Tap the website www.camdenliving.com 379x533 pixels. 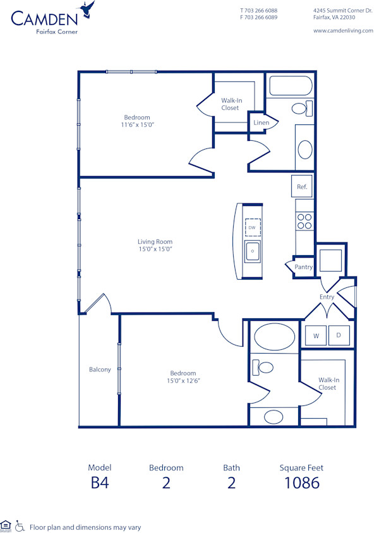point(343,30)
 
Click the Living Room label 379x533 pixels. point(155,242)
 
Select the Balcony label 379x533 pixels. point(100,369)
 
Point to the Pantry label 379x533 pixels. point(303,267)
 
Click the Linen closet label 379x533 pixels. point(262,123)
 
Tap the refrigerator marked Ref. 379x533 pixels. point(303,187)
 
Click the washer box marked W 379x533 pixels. point(316,335)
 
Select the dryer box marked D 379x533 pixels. point(339,335)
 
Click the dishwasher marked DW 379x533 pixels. point(252,227)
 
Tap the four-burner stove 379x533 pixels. point(304,221)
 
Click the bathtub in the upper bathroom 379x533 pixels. point(291,85)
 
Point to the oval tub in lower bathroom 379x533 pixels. point(273,337)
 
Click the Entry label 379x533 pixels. point(327,297)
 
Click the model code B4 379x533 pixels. point(100,483)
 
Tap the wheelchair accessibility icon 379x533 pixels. point(20,525)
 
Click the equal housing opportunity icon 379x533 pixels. point(6,525)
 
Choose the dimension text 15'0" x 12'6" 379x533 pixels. point(183,381)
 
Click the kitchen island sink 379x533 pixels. point(252,251)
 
